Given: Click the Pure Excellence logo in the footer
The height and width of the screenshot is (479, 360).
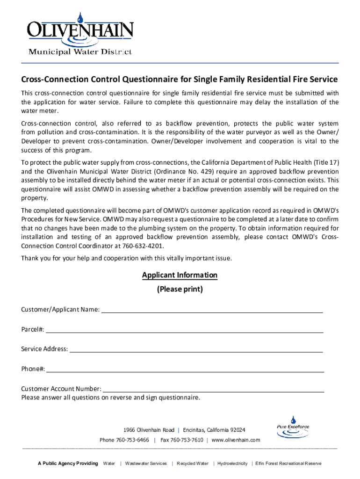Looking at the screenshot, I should (293, 427).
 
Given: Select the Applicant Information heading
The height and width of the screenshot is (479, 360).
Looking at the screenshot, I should (180, 275).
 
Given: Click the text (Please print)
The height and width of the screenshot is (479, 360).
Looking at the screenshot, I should (180, 289).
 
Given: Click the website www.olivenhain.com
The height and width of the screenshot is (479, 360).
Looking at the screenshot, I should (236, 440).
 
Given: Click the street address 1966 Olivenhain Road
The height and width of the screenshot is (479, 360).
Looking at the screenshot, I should (149, 430).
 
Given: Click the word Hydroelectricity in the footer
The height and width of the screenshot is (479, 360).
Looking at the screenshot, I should (232, 464).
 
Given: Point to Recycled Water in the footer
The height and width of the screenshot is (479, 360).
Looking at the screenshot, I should (193, 464).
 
